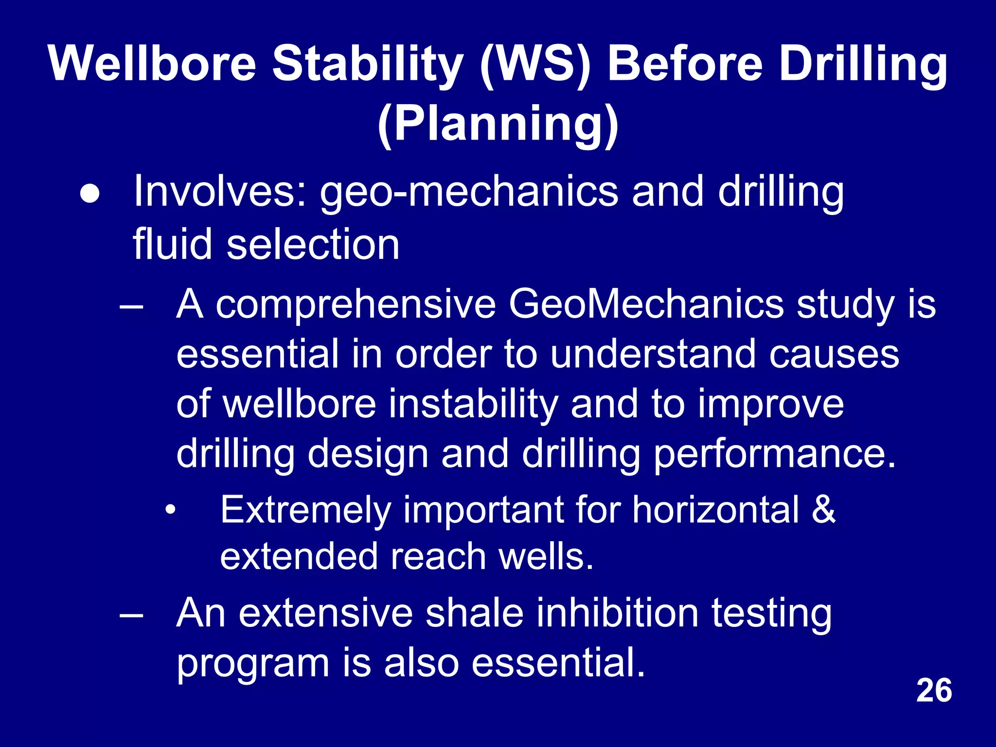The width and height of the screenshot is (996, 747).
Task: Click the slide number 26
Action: point(934,691)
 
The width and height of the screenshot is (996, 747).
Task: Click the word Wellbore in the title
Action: point(152,64)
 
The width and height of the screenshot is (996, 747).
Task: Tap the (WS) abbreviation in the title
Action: point(535,64)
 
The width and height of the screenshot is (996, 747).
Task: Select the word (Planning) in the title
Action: point(498,124)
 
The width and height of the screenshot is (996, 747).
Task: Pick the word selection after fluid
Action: point(313,244)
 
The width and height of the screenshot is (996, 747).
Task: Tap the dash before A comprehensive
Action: point(131,306)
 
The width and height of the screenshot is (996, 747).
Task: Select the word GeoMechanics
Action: point(646,304)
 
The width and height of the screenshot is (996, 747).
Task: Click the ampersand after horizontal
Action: point(823,510)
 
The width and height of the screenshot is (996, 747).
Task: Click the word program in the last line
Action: point(253,664)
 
